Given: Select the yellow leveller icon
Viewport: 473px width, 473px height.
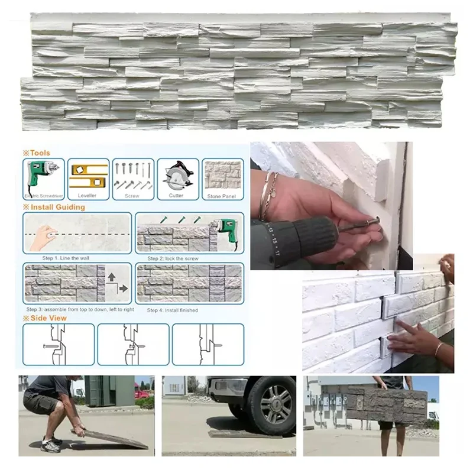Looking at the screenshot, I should (88, 176).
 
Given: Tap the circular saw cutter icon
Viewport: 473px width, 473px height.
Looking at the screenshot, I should (177, 176).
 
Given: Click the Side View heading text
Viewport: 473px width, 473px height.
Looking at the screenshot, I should (48, 318).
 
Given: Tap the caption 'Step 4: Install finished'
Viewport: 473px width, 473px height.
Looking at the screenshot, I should (172, 310).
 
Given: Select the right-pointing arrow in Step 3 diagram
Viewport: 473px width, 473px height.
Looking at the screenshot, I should (123, 289).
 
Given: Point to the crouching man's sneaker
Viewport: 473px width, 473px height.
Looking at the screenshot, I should (51, 445).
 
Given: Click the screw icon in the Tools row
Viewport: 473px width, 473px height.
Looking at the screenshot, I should (132, 176).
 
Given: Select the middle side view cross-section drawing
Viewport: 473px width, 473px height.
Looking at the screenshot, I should (133, 344).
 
